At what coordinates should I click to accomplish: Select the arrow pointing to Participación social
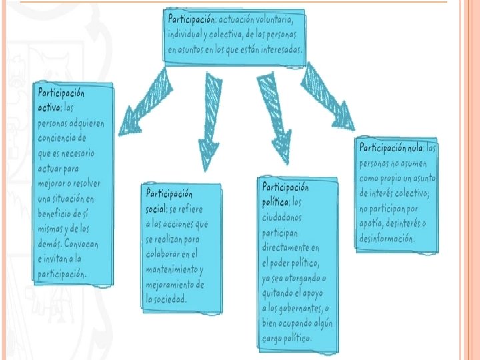(212, 120)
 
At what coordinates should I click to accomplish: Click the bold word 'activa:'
(50, 106)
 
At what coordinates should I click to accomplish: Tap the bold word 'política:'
(275, 201)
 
